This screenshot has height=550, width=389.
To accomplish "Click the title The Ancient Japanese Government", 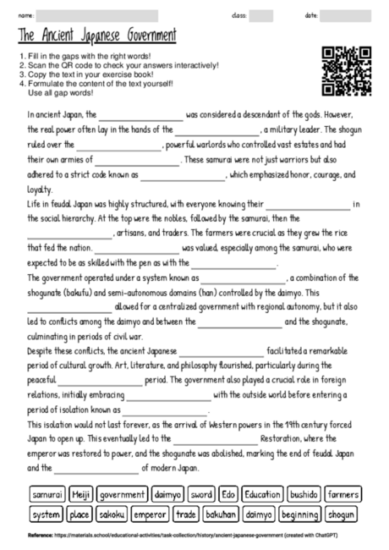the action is pyautogui.click(x=97, y=36).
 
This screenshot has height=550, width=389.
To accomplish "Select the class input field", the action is pyautogui.click(x=261, y=15).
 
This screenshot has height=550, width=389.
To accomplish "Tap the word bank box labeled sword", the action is pyautogui.click(x=200, y=493).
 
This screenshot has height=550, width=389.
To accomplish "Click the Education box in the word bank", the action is pyautogui.click(x=262, y=493).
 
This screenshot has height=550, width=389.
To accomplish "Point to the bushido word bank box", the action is pyautogui.click(x=304, y=493).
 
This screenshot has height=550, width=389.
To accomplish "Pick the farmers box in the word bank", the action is pyautogui.click(x=343, y=493).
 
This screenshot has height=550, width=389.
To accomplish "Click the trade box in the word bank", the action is pyautogui.click(x=186, y=514).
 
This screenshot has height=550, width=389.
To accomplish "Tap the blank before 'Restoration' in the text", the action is pyautogui.click(x=215, y=441).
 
